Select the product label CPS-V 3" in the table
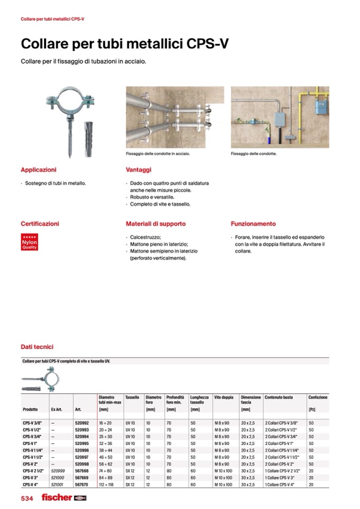30,478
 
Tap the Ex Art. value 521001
57,485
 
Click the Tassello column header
132,397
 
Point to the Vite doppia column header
224,397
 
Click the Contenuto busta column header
278,397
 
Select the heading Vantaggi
139,170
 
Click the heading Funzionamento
253,224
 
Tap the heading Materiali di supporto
156,224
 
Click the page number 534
28,498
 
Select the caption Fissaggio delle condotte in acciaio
158,154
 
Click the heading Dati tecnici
37,347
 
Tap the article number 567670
81,485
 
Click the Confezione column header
318,397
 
